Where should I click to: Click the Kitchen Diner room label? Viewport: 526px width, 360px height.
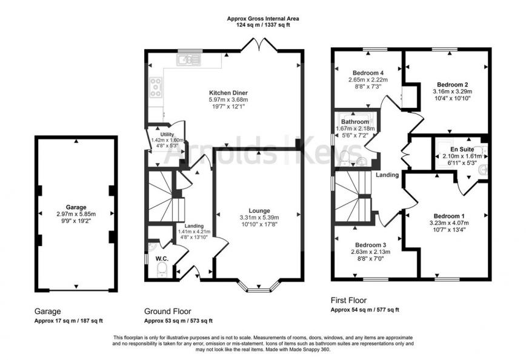(225, 92)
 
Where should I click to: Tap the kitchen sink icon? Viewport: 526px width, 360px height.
(188, 59)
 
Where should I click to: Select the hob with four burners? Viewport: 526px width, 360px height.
(155, 88)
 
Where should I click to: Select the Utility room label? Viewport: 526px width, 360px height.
(167, 134)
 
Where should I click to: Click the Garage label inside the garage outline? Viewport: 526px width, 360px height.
(76, 206)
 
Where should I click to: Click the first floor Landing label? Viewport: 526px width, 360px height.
(387, 176)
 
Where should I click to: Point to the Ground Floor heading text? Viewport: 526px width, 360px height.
(163, 310)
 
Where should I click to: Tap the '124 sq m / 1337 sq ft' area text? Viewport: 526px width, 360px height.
(262, 25)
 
